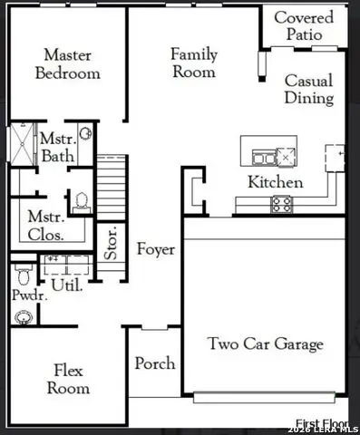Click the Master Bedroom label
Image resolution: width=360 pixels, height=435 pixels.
pyautogui.click(x=67, y=64)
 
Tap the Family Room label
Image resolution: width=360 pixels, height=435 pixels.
pyautogui.click(x=194, y=63)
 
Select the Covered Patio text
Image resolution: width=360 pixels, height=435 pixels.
pyautogui.click(x=303, y=25)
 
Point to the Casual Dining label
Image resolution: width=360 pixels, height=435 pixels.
pyautogui.click(x=308, y=90)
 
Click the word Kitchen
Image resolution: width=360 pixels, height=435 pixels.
pyautogui.click(x=276, y=182)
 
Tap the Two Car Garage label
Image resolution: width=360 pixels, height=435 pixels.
pyautogui.click(x=265, y=343)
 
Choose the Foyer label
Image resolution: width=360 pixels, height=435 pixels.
pyautogui.click(x=155, y=248)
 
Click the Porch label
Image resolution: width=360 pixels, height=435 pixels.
pyautogui.click(x=155, y=363)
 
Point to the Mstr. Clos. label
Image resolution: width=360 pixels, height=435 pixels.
pyautogui.click(x=45, y=225)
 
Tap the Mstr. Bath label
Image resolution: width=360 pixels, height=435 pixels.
pyautogui.click(x=56, y=149)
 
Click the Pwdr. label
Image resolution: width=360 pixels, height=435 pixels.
pyautogui.click(x=24, y=295)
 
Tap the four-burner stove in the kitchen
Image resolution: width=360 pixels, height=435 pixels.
pyautogui.click(x=281, y=204)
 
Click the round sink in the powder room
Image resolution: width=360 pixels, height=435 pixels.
pyautogui.click(x=24, y=316)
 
